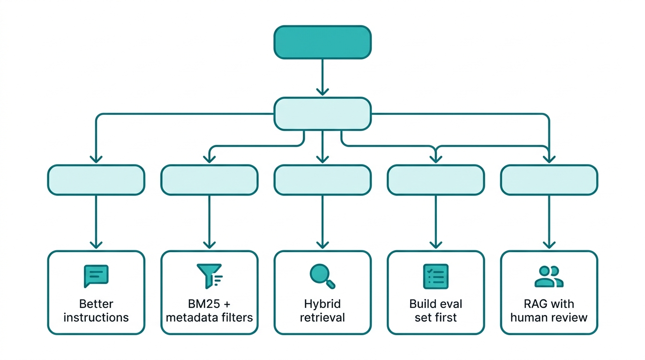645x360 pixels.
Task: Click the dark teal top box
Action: (322, 42)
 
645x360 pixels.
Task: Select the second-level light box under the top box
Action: (322, 113)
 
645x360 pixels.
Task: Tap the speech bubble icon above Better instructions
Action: (96, 276)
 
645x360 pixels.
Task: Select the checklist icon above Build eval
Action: (436, 276)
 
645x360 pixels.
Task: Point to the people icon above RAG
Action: (549, 276)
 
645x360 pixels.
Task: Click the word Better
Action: (96, 304)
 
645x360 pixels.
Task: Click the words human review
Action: (549, 317)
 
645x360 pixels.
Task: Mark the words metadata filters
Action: (209, 317)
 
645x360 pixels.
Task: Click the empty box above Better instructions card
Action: (96, 180)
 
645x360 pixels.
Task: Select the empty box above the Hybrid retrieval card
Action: (322, 180)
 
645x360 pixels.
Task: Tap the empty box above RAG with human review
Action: (549, 180)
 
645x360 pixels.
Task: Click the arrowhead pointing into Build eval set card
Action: (436, 245)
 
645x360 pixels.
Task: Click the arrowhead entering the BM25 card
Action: (209, 245)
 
